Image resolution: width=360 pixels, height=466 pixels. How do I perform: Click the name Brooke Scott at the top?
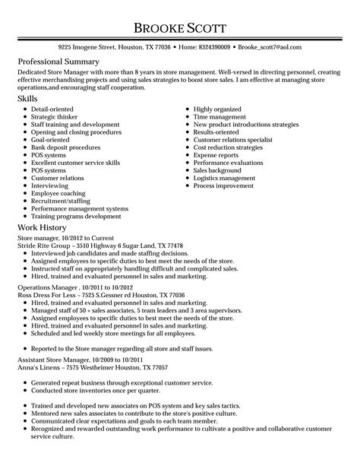[x=179, y=28]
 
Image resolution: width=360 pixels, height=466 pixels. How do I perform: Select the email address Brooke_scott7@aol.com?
[x=276, y=46]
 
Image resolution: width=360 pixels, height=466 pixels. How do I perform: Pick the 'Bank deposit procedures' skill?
[x=65, y=147]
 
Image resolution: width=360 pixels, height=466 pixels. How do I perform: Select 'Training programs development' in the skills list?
[x=78, y=215]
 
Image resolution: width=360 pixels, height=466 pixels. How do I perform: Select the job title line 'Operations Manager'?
[x=68, y=287]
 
